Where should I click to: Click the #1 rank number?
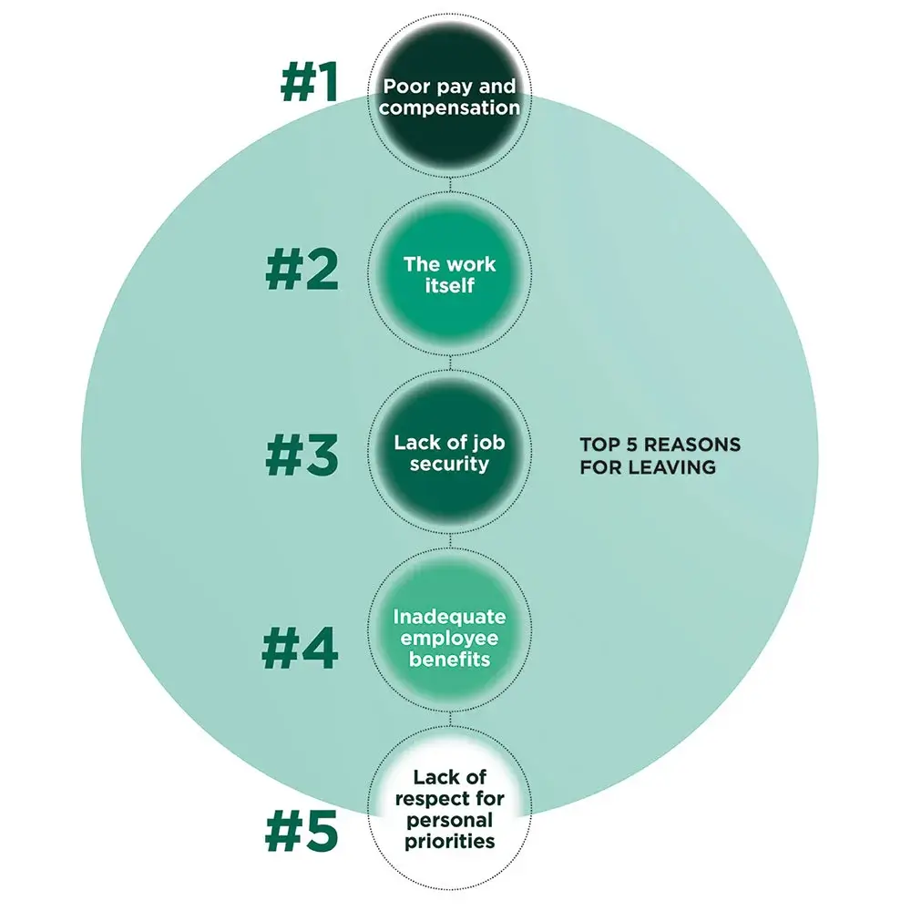(309, 83)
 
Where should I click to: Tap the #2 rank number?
(302, 271)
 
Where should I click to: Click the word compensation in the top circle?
(450, 108)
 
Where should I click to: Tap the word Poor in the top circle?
(404, 87)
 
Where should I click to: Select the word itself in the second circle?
(450, 285)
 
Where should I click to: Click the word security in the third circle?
(450, 464)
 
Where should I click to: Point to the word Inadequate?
(450, 617)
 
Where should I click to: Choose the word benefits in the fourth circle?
(450, 659)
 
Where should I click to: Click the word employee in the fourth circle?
(450, 638)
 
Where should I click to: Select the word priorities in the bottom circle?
(450, 841)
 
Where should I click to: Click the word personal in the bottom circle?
(450, 820)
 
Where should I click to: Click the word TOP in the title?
(598, 445)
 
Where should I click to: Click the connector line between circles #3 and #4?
(451, 548)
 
